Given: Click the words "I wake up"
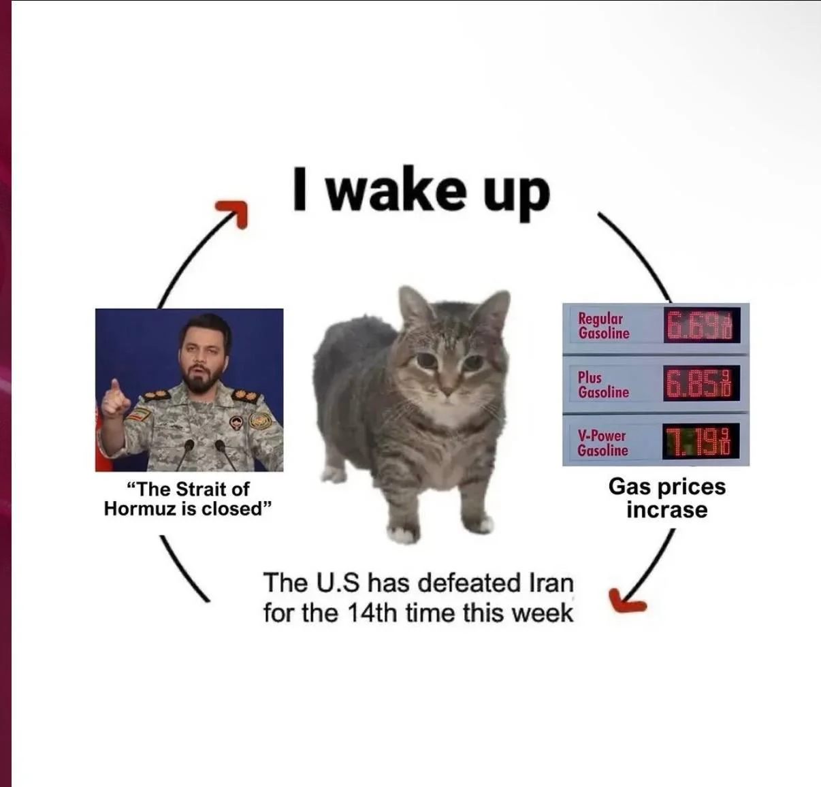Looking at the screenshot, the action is point(421,192).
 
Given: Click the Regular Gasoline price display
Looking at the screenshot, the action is point(702,325).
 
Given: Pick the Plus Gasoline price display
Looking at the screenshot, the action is point(702,383).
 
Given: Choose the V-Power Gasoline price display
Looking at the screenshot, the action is point(702,441).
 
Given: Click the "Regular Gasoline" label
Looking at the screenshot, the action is point(603,326).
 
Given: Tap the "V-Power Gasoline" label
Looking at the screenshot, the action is point(602,443).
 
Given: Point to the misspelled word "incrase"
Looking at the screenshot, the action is point(666,510).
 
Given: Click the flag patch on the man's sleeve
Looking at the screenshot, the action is point(139,415).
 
